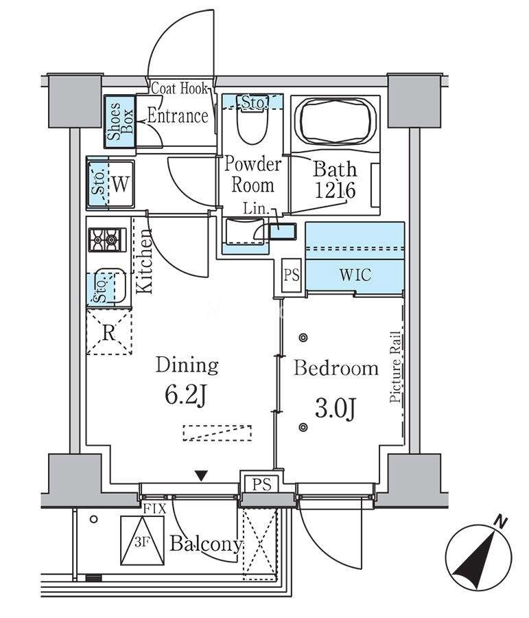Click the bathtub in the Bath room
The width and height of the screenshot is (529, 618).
point(336,123)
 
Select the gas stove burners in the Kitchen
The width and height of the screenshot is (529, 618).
point(107,239)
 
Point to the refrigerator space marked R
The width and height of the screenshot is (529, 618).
point(109,332)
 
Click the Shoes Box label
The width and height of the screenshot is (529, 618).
point(120,122)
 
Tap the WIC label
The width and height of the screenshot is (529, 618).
point(355,275)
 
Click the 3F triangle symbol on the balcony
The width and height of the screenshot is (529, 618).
point(142,540)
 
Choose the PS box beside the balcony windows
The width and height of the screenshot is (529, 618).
point(261,484)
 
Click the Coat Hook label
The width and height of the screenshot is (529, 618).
point(180,88)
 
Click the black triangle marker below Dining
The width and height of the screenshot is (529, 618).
point(201,476)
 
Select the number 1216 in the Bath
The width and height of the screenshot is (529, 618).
point(335,190)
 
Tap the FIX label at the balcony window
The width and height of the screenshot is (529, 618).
point(154,507)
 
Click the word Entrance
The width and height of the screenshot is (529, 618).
point(178,116)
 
